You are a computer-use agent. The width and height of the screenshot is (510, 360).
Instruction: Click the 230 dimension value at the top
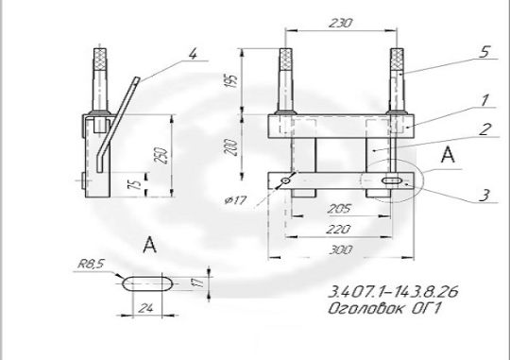341,23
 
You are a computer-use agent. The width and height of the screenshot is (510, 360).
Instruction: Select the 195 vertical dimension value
231,80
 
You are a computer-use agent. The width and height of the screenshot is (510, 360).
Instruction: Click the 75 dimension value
137,185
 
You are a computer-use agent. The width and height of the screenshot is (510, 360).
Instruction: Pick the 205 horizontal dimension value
339,208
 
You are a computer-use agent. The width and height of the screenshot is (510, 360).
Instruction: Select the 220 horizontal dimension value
338,230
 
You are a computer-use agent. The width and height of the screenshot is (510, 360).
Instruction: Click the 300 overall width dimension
341,250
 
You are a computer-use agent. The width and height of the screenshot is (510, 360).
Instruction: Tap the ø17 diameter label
236,200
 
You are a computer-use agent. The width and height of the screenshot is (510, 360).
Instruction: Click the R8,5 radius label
91,264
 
